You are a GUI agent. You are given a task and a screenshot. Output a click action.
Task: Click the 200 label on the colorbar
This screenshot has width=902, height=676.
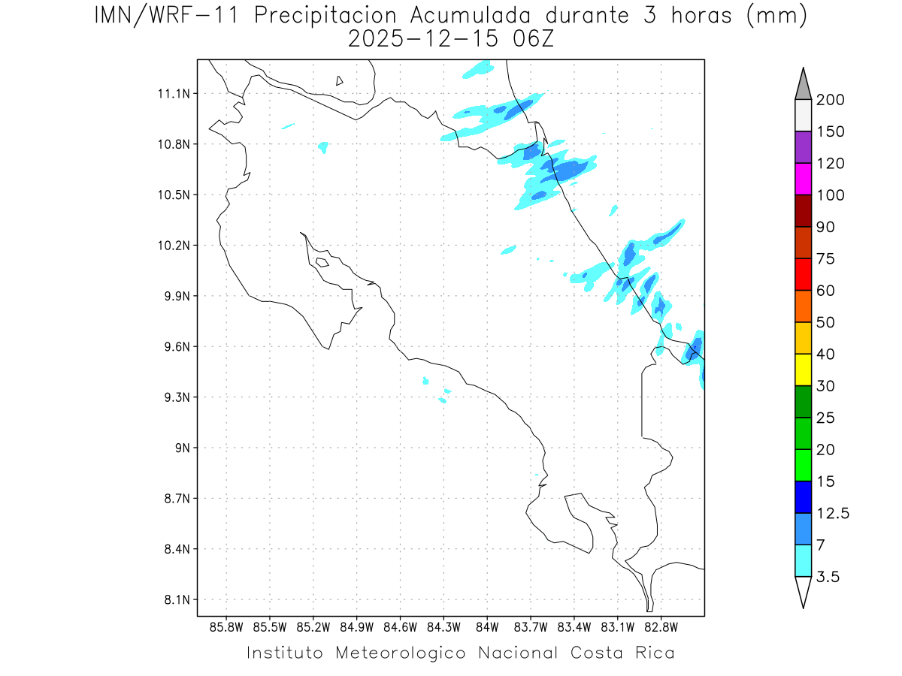point(830,100)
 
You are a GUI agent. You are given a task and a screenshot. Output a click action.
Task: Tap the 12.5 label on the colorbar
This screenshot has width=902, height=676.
point(833,513)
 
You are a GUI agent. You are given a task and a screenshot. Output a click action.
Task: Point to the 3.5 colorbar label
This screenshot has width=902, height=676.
point(829,577)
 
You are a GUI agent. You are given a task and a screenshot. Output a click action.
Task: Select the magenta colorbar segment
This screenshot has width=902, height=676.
point(803,179)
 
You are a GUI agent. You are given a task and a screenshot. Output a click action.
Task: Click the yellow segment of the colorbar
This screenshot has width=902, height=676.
point(803,370)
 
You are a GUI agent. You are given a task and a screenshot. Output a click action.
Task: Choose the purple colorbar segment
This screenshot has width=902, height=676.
point(803,147)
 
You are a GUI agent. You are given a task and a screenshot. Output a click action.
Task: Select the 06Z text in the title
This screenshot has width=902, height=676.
point(531,39)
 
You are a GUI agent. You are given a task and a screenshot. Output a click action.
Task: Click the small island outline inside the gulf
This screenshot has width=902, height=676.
point(322,262)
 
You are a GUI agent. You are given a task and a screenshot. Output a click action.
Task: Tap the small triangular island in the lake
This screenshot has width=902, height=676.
point(340,80)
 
